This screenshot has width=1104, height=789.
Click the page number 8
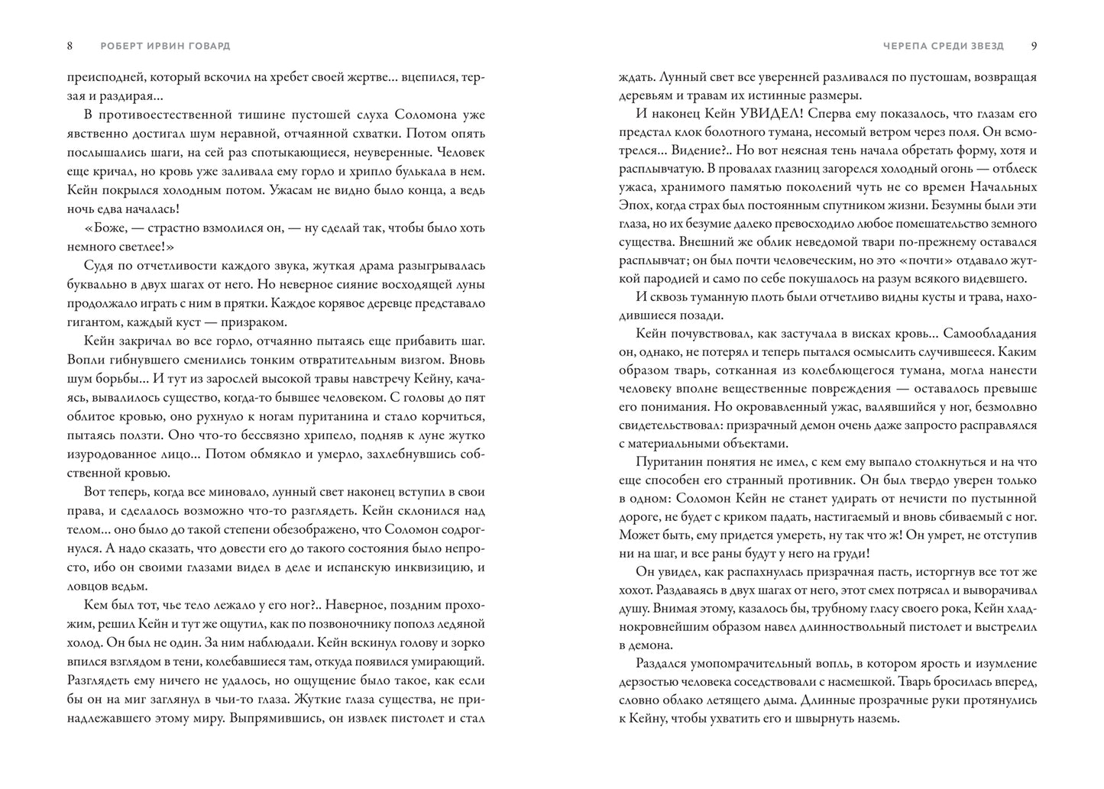pos(70,46)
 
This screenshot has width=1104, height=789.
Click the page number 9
pos(1034,46)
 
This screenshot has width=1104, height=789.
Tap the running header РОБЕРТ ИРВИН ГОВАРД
pos(165,46)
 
